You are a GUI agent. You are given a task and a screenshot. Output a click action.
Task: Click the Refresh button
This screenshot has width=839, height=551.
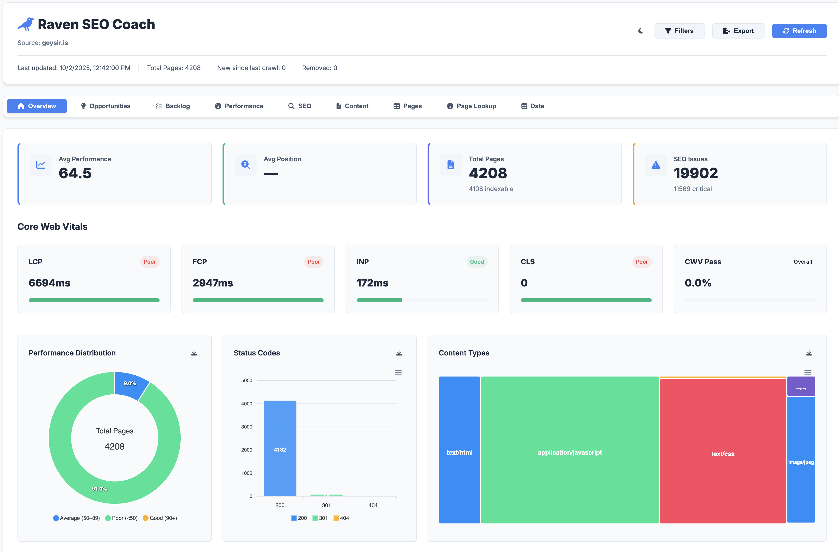pyautogui.click(x=799, y=31)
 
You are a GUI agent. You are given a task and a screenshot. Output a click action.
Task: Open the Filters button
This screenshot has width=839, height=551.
pyautogui.click(x=679, y=31)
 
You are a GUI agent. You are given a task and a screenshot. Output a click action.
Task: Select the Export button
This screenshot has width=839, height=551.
pyautogui.click(x=738, y=31)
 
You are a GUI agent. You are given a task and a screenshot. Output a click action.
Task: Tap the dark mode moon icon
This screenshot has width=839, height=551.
pyautogui.click(x=640, y=31)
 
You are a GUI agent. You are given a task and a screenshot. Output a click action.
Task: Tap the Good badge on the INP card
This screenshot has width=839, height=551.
pyautogui.click(x=477, y=262)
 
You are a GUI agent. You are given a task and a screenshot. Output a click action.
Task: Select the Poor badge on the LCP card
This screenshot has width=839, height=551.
pyautogui.click(x=149, y=262)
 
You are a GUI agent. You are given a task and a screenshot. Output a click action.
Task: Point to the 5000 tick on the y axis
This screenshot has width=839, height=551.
pyautogui.click(x=247, y=381)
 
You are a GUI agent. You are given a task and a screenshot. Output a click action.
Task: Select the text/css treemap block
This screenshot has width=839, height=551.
pyautogui.click(x=723, y=454)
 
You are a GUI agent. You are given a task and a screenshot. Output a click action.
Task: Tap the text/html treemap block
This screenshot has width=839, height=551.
pyautogui.click(x=459, y=452)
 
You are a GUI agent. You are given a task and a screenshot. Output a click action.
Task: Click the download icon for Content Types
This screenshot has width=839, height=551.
pyautogui.click(x=809, y=353)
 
